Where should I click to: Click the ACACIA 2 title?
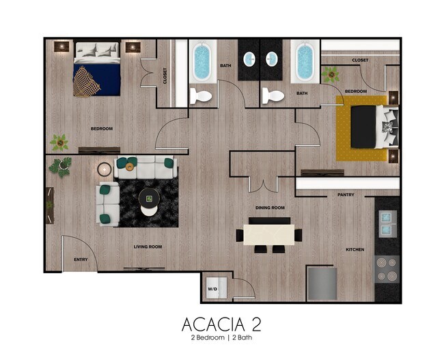coord(221,323)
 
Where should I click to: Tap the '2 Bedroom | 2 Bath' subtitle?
coord(221,338)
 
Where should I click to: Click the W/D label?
coord(212,290)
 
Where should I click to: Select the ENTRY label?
coord(80,260)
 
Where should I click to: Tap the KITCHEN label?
coord(355,249)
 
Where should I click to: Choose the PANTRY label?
coord(346,195)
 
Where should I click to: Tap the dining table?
coord(269,235)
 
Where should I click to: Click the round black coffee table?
coord(148,199)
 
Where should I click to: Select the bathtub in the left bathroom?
coord(202,61)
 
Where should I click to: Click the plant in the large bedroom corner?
coord(59,142)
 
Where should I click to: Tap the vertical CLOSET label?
coord(165,77)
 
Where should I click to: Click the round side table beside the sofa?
coord(105,169)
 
